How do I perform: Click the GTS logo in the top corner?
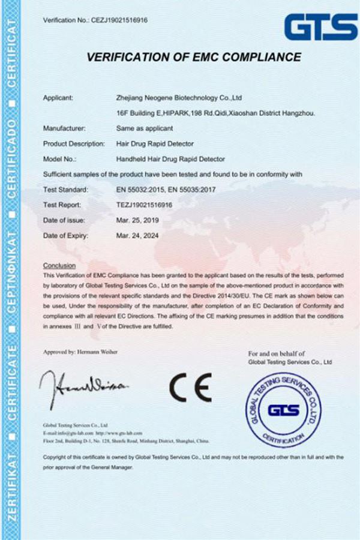coord(320,28)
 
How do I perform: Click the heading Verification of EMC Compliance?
coord(194,58)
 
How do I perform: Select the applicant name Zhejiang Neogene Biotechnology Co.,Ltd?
coord(178,97)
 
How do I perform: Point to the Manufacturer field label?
coord(65,128)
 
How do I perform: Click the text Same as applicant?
coord(144,128)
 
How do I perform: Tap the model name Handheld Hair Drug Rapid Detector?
coord(170,159)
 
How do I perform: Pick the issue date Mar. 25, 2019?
coord(136,220)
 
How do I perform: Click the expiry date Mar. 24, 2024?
coord(136,236)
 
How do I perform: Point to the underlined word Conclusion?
coord(60,265)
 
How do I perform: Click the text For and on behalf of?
coord(277,354)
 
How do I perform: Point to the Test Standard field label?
coord(65,190)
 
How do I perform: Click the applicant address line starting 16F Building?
coord(216,112)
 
